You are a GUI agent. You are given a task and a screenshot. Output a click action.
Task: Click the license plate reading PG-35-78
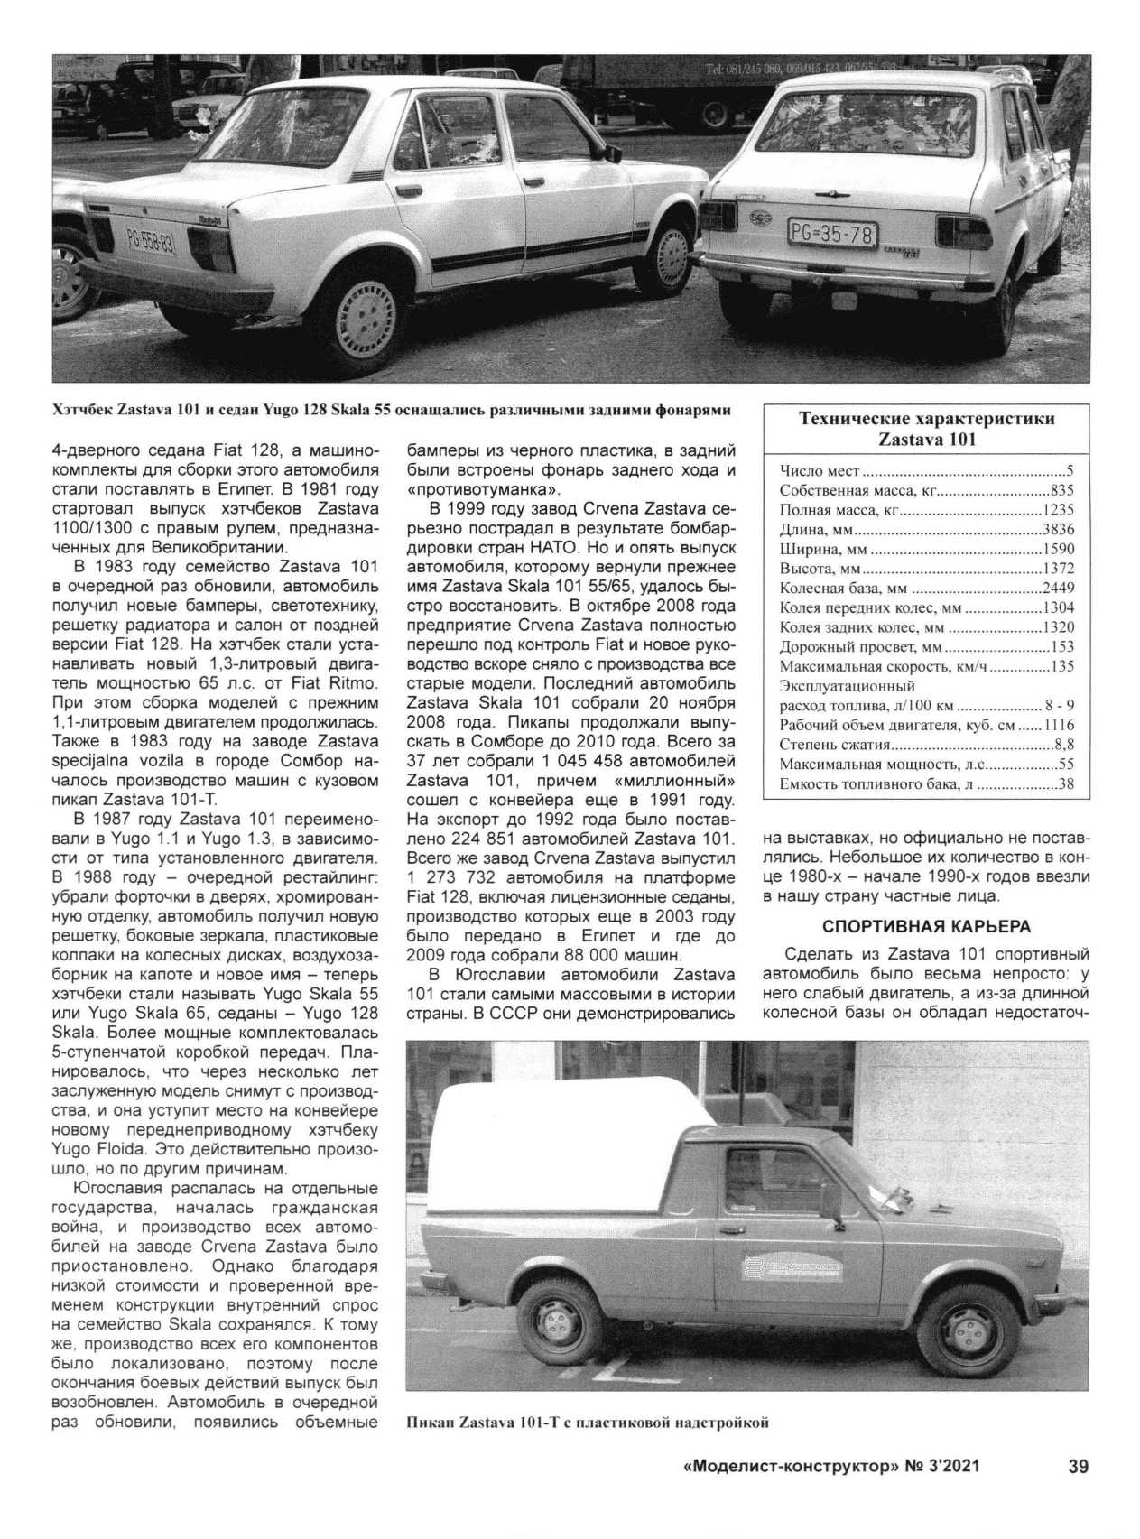pyautogui.click(x=832, y=235)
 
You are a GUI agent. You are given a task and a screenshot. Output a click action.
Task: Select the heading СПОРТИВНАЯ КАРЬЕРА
pyautogui.click(x=926, y=927)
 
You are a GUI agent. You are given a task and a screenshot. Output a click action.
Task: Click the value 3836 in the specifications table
pyautogui.click(x=1058, y=530)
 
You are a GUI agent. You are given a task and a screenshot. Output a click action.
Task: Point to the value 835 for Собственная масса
pyautogui.click(x=1062, y=490)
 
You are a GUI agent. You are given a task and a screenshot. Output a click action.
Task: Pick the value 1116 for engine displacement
pyautogui.click(x=1058, y=726)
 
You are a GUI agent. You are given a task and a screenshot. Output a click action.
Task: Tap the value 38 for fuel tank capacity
pyautogui.click(x=1066, y=784)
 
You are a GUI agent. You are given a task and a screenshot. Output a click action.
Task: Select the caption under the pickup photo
pyautogui.click(x=588, y=1423)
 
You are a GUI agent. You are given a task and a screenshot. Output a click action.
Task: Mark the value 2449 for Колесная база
pyautogui.click(x=1058, y=589)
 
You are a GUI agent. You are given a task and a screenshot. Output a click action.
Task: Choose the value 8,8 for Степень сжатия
pyautogui.click(x=1063, y=745)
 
